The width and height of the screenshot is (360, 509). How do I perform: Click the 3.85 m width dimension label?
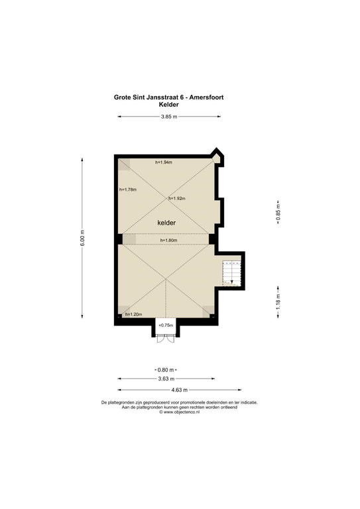click(169, 117)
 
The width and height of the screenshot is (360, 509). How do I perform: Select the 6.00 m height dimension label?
click(82, 238)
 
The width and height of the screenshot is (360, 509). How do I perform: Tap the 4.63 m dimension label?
click(180, 390)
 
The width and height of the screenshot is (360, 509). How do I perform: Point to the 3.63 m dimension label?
click(166, 378)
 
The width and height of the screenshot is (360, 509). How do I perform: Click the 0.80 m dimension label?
click(166, 370)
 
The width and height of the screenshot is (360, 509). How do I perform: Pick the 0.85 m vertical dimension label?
click(278, 213)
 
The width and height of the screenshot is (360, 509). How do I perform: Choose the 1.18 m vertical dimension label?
click(278, 302)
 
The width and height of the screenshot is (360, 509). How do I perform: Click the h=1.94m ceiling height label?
click(164, 162)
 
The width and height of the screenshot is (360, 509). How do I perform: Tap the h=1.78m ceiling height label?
click(128, 190)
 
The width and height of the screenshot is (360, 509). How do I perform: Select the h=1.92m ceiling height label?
click(177, 198)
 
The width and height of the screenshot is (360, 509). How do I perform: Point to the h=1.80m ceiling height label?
click(168, 240)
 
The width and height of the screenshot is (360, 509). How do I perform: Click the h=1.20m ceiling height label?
click(134, 314)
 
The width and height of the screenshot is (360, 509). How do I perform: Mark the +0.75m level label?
click(166, 325)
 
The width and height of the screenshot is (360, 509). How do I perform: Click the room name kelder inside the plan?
click(166, 223)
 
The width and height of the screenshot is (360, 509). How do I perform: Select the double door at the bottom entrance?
click(166, 339)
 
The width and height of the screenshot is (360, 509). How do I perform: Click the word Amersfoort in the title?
click(206, 97)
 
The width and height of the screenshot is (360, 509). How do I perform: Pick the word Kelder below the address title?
click(169, 105)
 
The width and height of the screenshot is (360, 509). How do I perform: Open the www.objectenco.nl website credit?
click(179, 412)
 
